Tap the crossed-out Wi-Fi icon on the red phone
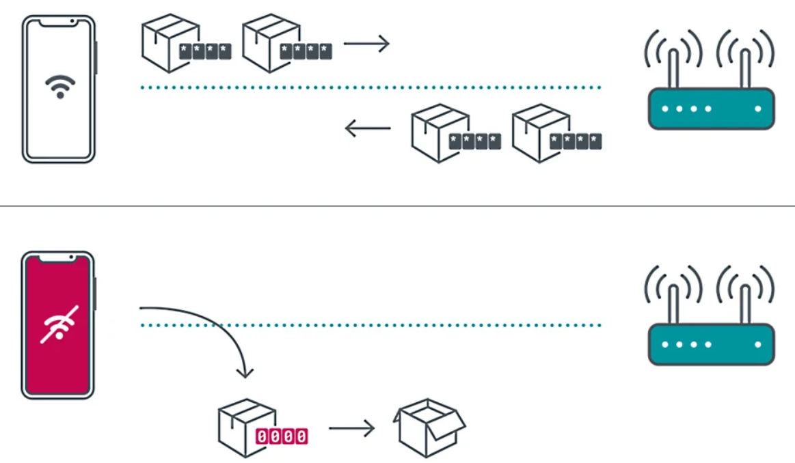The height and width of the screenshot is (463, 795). click(59, 324)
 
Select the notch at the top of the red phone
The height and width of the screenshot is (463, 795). click(58, 257)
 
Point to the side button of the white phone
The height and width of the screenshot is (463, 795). click(96, 57)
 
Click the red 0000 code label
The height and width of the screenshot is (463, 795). click(281, 436)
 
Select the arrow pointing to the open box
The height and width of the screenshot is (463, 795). click(351, 429)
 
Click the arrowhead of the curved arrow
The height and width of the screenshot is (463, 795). click(245, 372)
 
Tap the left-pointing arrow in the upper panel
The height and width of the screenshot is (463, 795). click(367, 128)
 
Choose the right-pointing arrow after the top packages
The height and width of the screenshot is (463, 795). click(366, 44)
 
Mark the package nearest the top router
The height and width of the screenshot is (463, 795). click(540, 132)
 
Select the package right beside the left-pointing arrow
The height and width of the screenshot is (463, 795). click(439, 132)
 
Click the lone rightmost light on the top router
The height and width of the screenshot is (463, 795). click(757, 109)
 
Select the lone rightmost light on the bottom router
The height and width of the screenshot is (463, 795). click(757, 344)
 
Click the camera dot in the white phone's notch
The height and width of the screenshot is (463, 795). click(72, 22)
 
